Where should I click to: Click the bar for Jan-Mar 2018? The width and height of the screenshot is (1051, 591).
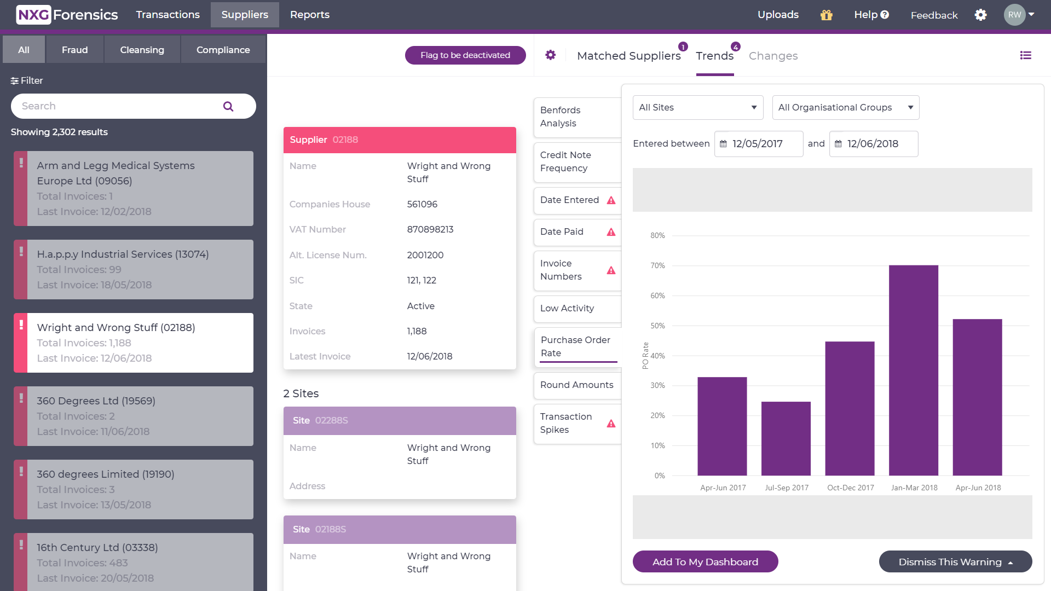pos(913,370)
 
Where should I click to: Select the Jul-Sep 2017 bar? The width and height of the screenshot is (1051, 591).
pos(786,438)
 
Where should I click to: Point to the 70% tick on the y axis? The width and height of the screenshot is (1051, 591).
pos(657,265)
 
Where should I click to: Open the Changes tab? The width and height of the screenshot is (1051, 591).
pos(773,56)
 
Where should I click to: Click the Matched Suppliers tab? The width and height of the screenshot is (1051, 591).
pos(628,56)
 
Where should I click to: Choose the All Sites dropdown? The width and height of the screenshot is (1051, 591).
pos(697,107)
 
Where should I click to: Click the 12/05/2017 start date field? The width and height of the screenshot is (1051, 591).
pos(758,144)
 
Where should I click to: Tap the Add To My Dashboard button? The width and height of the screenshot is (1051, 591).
pos(705,562)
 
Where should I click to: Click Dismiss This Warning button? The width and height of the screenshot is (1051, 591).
pos(955,562)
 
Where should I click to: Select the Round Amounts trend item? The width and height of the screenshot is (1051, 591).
pos(577,385)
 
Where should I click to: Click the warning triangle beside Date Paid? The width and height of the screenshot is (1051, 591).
pos(611,232)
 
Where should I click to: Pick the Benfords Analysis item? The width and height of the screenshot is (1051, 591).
pos(577,117)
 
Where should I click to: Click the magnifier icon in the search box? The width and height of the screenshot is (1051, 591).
pos(228,106)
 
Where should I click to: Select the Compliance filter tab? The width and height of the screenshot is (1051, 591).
pos(223,50)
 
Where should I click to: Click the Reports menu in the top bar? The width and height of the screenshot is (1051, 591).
pos(309,15)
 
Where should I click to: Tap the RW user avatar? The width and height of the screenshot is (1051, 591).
pos(1014,15)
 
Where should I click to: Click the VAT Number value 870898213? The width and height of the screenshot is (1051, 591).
pos(430,229)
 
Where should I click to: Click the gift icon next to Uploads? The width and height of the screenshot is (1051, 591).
pos(826,15)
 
